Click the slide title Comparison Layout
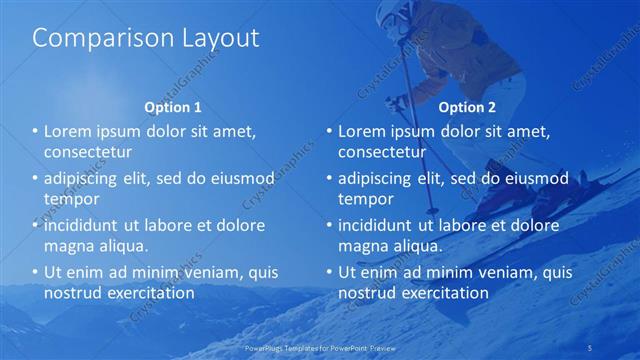pos(146,39)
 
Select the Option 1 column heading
pos(173,107)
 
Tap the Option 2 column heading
pos(466,107)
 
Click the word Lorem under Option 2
pos(362,132)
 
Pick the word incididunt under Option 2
pos(381,225)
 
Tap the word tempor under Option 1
pos(72,199)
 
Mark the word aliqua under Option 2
pos(419,246)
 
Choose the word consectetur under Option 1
pos(88,153)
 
